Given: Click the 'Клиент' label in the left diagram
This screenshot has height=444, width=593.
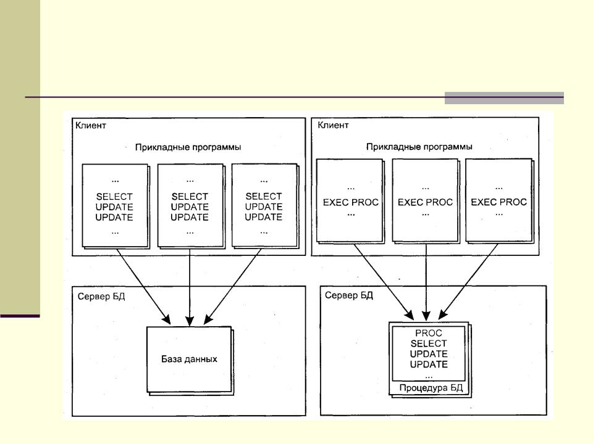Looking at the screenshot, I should pyautogui.click(x=91, y=125).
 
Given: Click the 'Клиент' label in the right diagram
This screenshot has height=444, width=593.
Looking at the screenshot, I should pyautogui.click(x=333, y=125).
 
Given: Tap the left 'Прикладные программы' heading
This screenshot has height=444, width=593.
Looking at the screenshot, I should pyautogui.click(x=188, y=147).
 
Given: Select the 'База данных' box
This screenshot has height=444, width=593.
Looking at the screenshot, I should pyautogui.click(x=189, y=358).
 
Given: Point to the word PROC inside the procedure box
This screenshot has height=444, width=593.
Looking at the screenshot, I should pyautogui.click(x=429, y=333).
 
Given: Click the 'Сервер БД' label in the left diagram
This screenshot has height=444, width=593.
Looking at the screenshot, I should pyautogui.click(x=101, y=297).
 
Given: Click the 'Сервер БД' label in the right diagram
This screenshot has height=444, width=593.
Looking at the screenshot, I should pyautogui.click(x=349, y=295).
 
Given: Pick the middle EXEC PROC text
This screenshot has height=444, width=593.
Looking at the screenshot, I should pyautogui.click(x=425, y=202).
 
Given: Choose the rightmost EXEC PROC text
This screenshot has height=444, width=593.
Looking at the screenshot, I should pyautogui.click(x=498, y=202).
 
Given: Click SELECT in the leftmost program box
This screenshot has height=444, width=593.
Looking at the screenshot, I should pyautogui.click(x=114, y=197).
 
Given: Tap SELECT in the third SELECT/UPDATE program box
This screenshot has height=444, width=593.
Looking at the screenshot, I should pyautogui.click(x=264, y=197).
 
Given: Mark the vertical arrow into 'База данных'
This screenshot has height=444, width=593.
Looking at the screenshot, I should pyautogui.click(x=189, y=284).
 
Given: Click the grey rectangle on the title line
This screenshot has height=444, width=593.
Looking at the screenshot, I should pyautogui.click(x=504, y=98).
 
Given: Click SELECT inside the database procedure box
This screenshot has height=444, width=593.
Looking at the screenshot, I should pyautogui.click(x=429, y=343).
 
